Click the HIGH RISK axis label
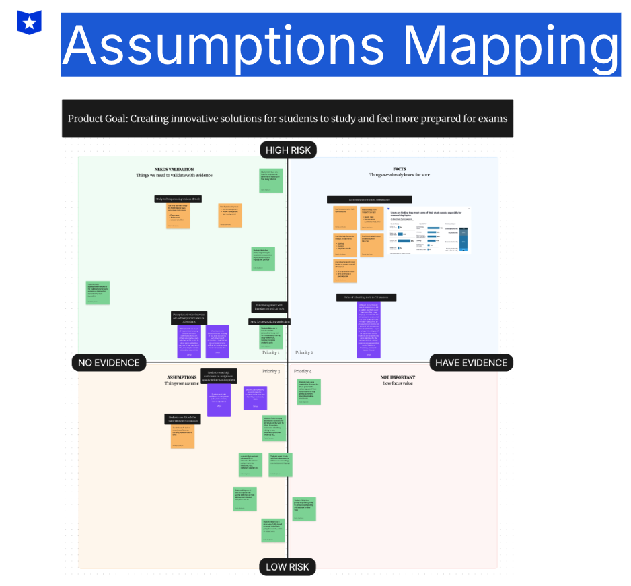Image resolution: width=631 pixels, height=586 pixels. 288,150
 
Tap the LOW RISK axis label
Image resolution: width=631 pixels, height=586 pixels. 287,566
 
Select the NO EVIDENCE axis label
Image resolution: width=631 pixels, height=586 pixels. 109,362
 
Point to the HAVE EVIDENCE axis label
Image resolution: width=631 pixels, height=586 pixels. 471,362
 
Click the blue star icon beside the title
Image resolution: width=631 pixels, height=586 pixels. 30,22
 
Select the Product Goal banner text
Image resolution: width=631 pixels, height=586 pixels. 287,119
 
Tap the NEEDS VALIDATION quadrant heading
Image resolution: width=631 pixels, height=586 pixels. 174,169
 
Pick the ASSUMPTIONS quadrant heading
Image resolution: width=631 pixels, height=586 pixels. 181,377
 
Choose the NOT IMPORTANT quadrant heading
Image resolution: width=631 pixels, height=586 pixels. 397,377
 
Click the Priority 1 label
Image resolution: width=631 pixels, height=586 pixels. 270,352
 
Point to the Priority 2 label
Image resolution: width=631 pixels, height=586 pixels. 304,352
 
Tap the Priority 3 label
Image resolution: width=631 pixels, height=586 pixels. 270,371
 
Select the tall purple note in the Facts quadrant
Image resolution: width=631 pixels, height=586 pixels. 368,329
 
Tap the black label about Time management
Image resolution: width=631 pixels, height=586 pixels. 270,306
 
